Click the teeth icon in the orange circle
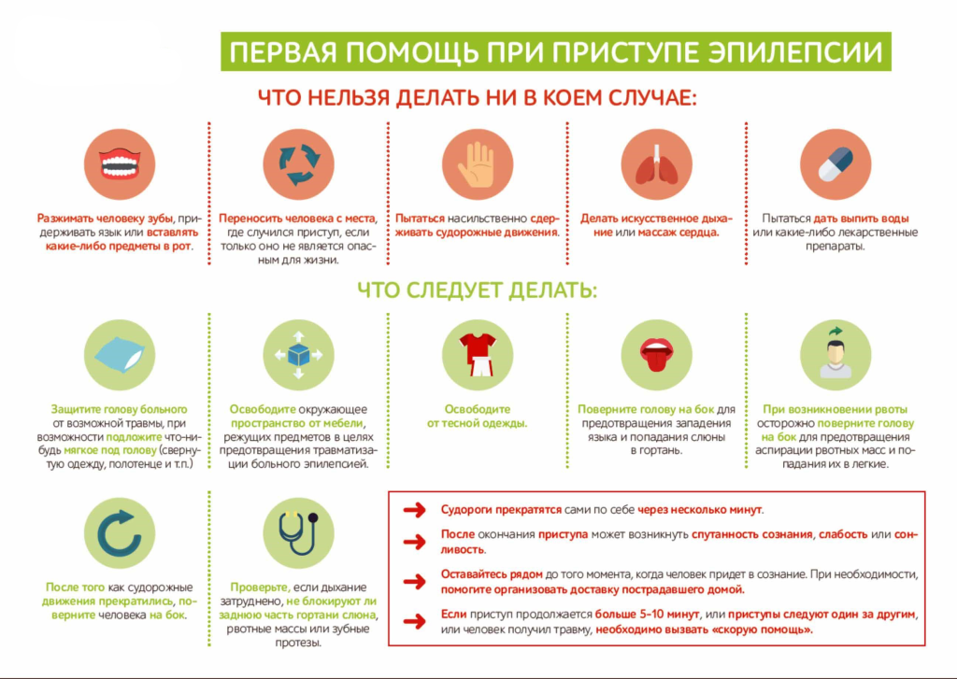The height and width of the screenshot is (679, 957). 120,164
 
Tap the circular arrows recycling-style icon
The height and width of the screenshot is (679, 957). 299,164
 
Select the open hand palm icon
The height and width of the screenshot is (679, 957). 477,164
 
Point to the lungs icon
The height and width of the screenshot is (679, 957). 657,164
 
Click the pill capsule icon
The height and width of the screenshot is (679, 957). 836,164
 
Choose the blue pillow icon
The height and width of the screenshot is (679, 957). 121,355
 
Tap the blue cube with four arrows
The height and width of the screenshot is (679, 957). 298,355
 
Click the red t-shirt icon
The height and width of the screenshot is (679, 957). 478,355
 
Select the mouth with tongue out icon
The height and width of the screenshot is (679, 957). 656,356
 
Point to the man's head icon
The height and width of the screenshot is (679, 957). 836,360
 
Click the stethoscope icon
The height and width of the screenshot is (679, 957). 298,532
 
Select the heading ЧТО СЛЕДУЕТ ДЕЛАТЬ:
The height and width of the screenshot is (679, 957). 477,290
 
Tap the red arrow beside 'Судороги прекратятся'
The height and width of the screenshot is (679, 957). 414,510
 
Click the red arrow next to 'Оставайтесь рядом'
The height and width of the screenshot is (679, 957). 414,581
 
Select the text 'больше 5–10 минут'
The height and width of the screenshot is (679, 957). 647,615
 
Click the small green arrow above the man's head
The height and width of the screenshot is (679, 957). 836,332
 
